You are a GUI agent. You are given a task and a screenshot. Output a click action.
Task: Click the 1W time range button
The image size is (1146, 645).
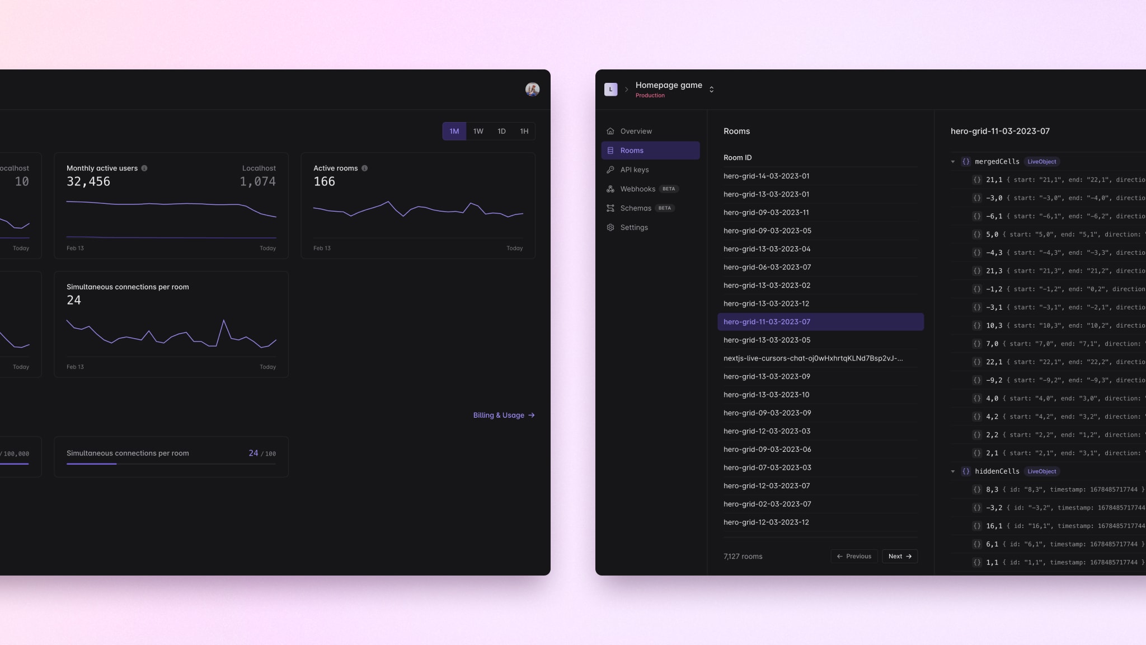478,131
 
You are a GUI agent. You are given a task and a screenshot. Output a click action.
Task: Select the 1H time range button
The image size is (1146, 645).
524,131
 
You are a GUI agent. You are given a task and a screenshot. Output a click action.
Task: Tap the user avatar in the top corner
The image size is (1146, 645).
532,89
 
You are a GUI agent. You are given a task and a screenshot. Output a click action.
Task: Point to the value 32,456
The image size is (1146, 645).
88,181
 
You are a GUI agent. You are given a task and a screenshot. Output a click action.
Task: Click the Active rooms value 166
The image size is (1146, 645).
324,181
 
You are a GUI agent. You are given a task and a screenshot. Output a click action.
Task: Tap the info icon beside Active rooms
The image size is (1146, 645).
364,168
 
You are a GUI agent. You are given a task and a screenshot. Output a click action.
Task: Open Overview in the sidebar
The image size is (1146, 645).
636,131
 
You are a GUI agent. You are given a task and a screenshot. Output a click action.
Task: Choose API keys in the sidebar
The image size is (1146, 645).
634,170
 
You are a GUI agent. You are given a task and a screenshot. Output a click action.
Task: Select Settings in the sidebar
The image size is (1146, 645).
633,227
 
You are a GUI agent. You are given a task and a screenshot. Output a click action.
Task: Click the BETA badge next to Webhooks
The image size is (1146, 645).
669,189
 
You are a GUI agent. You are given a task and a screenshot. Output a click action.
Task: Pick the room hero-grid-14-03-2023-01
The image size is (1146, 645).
766,176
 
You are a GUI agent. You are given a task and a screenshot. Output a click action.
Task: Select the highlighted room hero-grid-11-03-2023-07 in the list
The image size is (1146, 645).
767,322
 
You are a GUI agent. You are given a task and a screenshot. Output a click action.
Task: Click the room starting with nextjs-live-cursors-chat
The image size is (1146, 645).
812,358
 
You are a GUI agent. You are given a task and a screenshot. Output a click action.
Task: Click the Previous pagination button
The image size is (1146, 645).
854,556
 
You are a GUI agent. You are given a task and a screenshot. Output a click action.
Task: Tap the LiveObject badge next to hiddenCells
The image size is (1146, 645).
1041,471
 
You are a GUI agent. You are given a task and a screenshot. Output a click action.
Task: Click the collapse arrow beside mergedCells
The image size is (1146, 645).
953,162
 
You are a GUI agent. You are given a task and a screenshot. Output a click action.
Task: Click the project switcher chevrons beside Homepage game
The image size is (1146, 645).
711,90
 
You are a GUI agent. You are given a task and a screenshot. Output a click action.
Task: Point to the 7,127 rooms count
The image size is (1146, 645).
743,557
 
